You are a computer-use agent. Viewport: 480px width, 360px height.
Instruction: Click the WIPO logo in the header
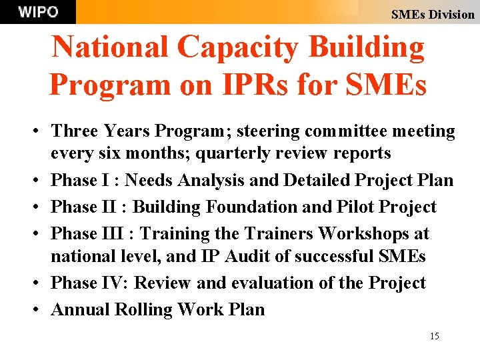(x=38, y=12)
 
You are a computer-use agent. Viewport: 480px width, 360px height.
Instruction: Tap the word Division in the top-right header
(x=451, y=14)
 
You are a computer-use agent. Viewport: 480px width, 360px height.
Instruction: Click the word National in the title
(x=109, y=48)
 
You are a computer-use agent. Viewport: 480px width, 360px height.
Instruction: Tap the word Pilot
(x=354, y=207)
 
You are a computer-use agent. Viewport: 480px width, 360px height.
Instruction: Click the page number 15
(x=435, y=336)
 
